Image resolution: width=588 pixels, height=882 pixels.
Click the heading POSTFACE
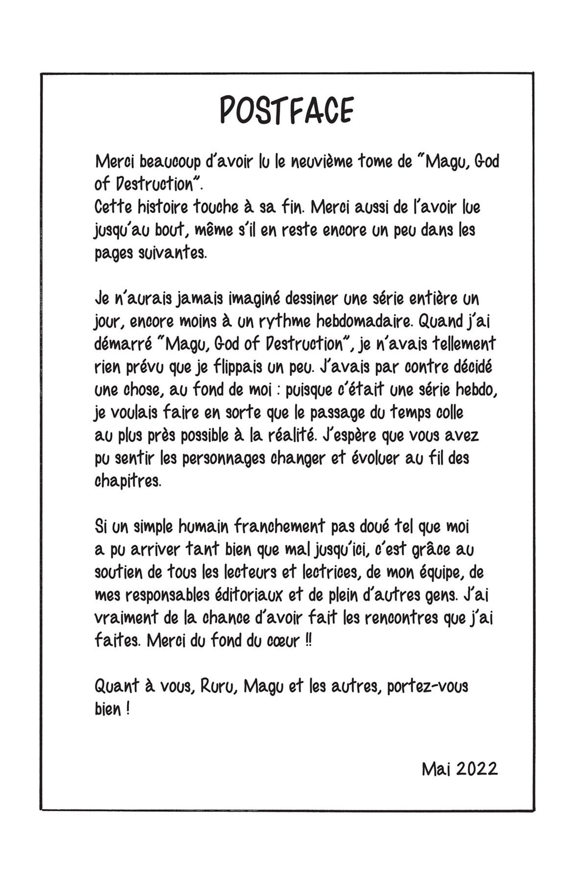point(286,111)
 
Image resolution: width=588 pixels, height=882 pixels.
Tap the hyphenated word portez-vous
point(427,687)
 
